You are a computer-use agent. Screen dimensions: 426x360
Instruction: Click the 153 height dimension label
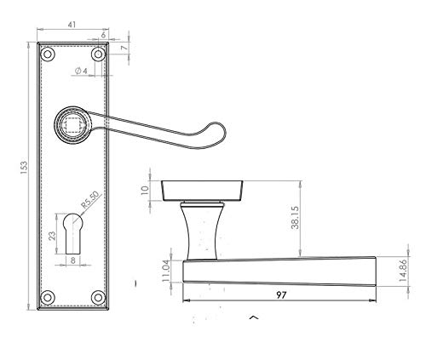click(x=25, y=168)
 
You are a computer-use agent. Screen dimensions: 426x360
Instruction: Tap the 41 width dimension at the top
click(x=72, y=25)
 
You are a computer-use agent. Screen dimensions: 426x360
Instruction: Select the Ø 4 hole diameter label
click(x=81, y=71)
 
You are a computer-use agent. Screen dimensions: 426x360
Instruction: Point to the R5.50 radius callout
click(x=90, y=200)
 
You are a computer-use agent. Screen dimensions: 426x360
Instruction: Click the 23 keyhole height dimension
click(x=52, y=236)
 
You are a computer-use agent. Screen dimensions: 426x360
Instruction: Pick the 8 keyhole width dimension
click(x=73, y=260)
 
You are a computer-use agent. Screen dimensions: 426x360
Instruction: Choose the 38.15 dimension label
click(x=295, y=218)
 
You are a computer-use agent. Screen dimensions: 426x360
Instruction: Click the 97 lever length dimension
click(x=281, y=295)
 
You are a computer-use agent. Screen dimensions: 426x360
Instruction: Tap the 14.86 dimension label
click(x=403, y=271)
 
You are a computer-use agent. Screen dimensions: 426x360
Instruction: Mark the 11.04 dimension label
click(x=166, y=271)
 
